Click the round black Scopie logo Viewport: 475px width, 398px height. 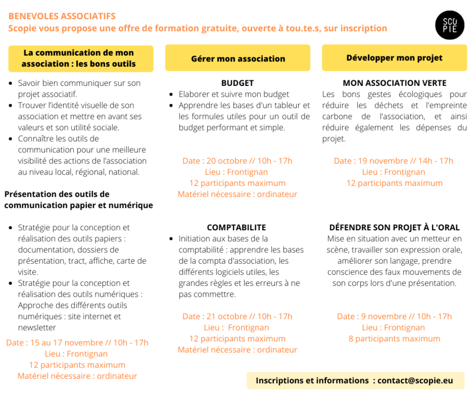click(x=449, y=24)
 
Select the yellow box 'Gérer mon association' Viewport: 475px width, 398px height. click(x=238, y=58)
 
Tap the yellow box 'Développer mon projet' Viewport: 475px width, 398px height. click(x=394, y=58)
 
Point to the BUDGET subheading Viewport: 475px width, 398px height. click(x=237, y=83)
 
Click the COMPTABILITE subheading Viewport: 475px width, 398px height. click(x=237, y=228)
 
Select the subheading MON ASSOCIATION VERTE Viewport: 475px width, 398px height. click(x=394, y=83)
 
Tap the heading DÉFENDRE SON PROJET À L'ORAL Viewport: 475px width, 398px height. click(x=394, y=228)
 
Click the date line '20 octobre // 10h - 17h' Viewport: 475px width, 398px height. click(x=237, y=161)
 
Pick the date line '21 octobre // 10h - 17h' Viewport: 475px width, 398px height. click(x=237, y=316)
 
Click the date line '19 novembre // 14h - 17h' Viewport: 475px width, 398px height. click(x=394, y=161)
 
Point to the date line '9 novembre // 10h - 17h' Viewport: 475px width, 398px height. click(x=394, y=316)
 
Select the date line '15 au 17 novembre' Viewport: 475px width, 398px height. click(x=77, y=342)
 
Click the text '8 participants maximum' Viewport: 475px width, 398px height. click(x=394, y=339)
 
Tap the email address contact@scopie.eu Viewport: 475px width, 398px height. click(x=415, y=380)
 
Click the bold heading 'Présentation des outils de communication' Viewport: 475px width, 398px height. click(x=79, y=200)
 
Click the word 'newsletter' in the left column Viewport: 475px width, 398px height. click(x=37, y=327)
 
